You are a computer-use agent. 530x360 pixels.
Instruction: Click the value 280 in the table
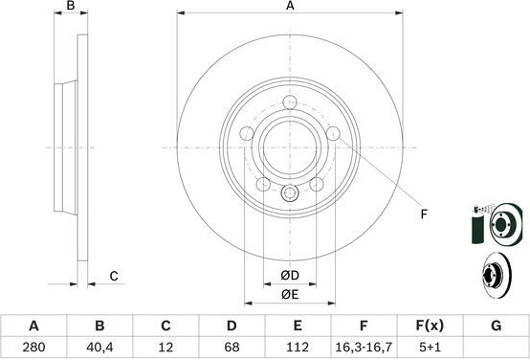point(33,347)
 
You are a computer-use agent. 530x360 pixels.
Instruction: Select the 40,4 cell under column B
point(99,347)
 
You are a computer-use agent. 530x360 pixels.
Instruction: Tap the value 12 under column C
point(166,347)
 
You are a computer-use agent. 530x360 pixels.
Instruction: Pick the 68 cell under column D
point(232,347)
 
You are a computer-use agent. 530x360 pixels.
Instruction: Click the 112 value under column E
point(298,347)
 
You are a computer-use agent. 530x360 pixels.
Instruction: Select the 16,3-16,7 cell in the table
point(364,347)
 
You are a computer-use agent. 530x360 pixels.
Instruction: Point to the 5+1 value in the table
point(430,347)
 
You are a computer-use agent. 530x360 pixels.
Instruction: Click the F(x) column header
point(430,326)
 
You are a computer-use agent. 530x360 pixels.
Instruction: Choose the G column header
point(496,326)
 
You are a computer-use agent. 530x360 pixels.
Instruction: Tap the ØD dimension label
point(290,276)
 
